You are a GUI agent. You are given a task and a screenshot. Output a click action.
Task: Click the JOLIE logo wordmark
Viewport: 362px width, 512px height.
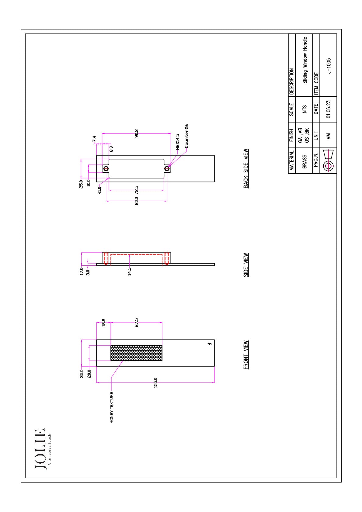point(40,449)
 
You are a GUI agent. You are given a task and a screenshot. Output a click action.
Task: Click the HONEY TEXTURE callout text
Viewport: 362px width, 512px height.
point(112,407)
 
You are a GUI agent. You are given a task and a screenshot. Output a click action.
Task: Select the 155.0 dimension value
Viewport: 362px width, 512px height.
point(155,382)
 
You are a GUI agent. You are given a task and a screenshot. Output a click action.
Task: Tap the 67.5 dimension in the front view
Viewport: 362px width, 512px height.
point(137,323)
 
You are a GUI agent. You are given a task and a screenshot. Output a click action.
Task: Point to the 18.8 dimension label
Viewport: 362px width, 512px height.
point(103,323)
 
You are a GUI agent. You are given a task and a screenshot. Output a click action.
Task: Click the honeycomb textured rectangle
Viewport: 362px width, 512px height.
point(136,353)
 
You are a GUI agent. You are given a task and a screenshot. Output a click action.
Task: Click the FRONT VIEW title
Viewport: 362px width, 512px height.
point(246,355)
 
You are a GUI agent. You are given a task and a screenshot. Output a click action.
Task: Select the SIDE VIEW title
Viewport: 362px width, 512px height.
point(246,265)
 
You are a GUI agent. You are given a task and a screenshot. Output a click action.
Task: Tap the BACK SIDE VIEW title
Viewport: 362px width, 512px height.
point(246,168)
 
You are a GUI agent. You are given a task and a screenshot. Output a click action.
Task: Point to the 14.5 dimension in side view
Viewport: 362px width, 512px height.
point(129,271)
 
